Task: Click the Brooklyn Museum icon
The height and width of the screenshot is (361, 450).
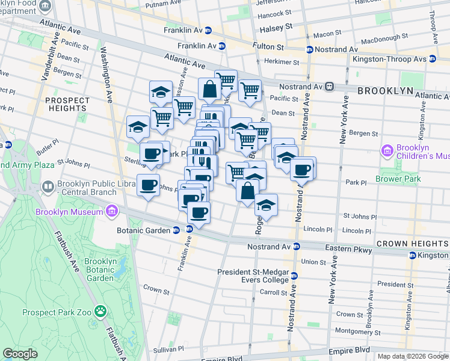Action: (111, 211)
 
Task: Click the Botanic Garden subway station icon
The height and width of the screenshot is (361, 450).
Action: (175, 229)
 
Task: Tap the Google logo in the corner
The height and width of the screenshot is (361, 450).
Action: (20, 353)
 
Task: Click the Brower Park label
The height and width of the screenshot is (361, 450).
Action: (395, 179)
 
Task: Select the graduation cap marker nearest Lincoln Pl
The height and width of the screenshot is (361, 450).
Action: (265, 205)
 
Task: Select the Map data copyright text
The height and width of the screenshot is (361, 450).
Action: (413, 356)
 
